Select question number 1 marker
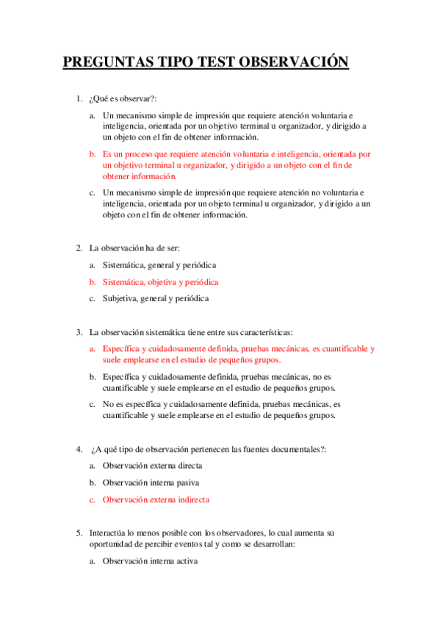[79, 99]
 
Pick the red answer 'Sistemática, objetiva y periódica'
[160, 281]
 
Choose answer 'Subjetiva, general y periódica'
[156, 298]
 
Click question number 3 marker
[79, 332]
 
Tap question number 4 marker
[79, 449]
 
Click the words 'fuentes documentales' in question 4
[283, 449]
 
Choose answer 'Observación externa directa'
[152, 466]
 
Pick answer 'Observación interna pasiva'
[151, 483]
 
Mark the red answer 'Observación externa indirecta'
[156, 500]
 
